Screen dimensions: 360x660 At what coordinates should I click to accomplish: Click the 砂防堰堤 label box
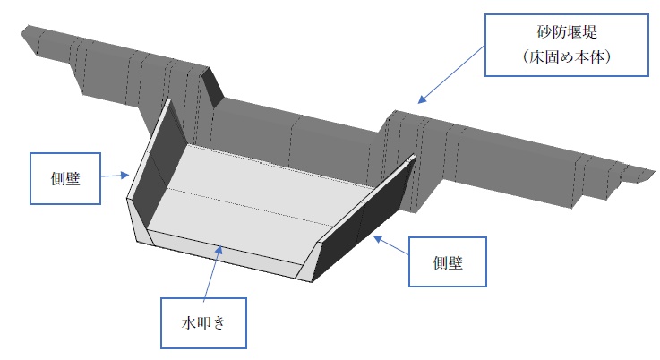tap(560, 43)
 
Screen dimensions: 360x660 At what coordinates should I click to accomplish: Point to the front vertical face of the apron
tap(224, 251)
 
